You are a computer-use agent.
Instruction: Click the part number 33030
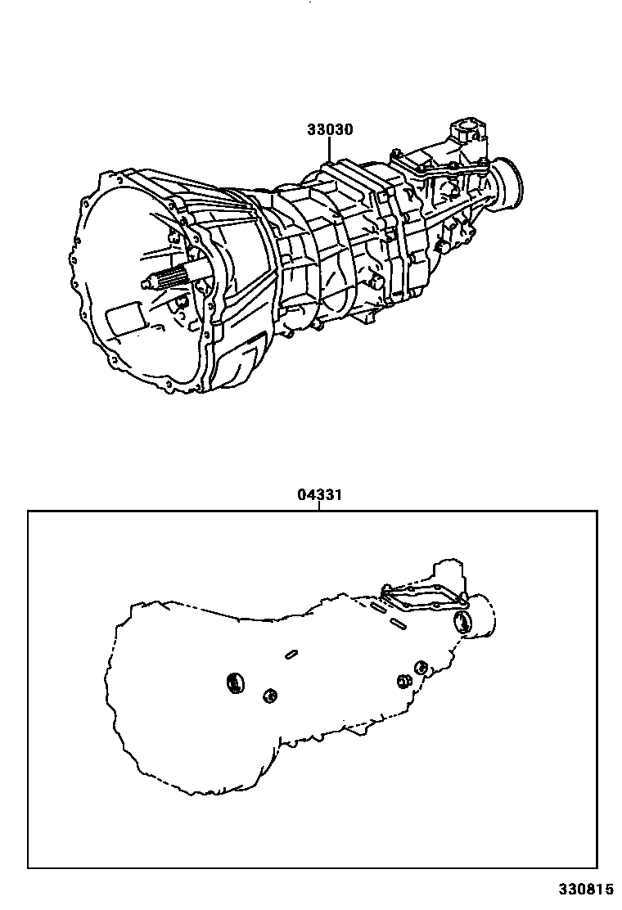point(330,129)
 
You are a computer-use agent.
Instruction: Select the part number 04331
point(319,494)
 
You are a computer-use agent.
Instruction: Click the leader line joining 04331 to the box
point(319,506)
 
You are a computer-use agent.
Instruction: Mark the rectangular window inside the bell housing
point(124,315)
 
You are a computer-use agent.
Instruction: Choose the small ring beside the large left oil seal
point(269,696)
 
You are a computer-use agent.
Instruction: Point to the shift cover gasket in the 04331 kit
point(421,597)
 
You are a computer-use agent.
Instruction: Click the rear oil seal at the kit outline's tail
point(463,622)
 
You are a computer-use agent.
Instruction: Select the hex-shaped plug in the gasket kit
point(403,682)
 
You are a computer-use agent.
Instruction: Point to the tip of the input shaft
point(146,285)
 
